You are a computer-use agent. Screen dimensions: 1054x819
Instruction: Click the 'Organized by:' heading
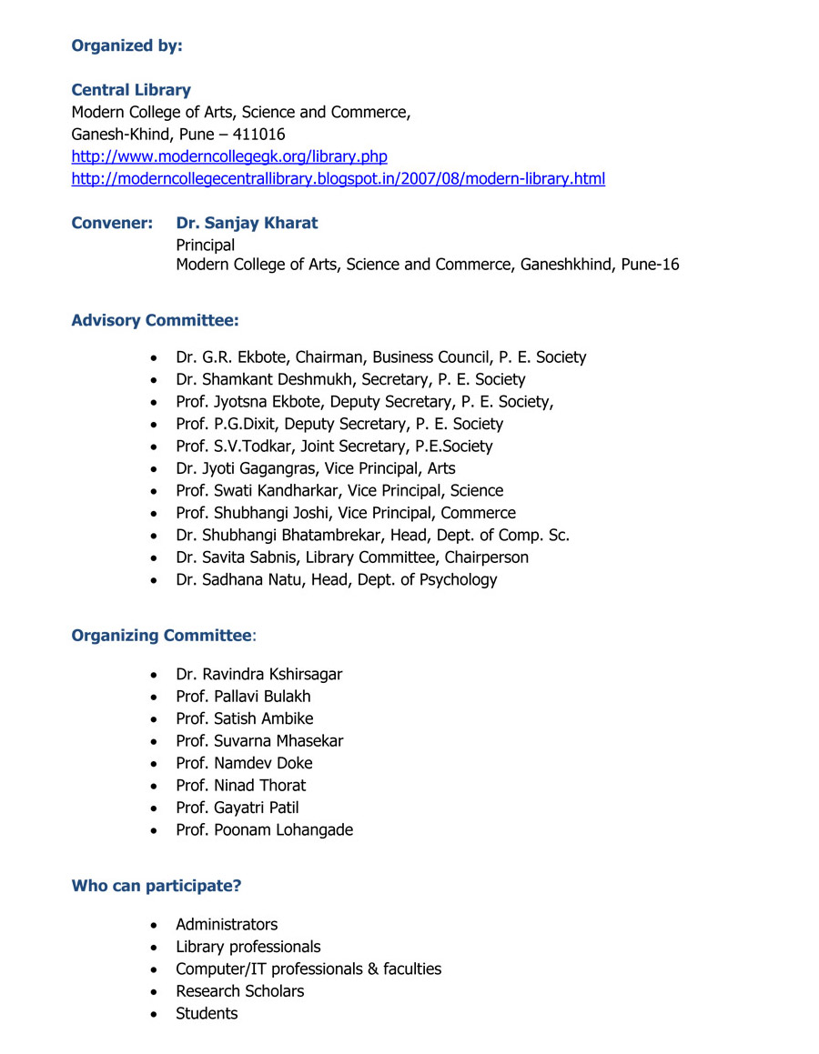pyautogui.click(x=126, y=45)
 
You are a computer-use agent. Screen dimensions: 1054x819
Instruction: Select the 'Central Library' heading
pyautogui.click(x=131, y=90)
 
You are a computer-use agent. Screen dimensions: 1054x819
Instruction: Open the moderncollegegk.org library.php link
pyautogui.click(x=229, y=156)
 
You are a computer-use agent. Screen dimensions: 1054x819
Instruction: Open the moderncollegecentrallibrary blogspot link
pyautogui.click(x=338, y=178)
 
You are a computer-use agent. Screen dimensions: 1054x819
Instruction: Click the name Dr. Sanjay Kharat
pyautogui.click(x=247, y=223)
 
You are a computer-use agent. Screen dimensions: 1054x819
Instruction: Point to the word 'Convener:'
pyautogui.click(x=112, y=223)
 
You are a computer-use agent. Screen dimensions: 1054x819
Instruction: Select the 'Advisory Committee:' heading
pyautogui.click(x=155, y=320)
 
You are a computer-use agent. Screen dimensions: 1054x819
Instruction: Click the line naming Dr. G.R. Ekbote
pyautogui.click(x=380, y=357)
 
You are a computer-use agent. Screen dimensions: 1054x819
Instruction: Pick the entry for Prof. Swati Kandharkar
pyautogui.click(x=339, y=490)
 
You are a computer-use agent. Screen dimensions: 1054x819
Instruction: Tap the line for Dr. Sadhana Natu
pyautogui.click(x=336, y=579)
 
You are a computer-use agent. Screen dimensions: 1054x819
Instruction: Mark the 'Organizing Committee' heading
pyautogui.click(x=160, y=636)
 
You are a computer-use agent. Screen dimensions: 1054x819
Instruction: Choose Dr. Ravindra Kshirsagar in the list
pyautogui.click(x=258, y=674)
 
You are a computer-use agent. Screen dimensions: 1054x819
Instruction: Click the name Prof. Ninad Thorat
pyautogui.click(x=240, y=785)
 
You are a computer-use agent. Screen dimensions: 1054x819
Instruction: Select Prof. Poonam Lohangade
pyautogui.click(x=264, y=829)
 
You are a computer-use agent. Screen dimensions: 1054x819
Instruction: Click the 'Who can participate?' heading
pyautogui.click(x=157, y=886)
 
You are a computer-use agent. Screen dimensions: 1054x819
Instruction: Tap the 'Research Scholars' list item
pyautogui.click(x=239, y=991)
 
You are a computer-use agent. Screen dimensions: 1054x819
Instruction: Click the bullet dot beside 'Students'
pyautogui.click(x=157, y=1014)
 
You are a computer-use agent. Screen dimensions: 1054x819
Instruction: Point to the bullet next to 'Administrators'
pyautogui.click(x=157, y=926)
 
